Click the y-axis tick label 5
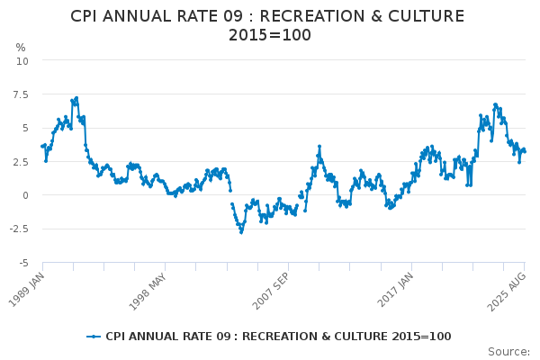coord(25,128)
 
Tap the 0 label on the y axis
coord(25,195)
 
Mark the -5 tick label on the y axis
coord(23,263)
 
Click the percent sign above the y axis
coord(21,47)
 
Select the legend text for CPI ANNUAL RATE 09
coord(278,337)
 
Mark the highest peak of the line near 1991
coord(76,97)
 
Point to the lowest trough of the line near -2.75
coord(241,232)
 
